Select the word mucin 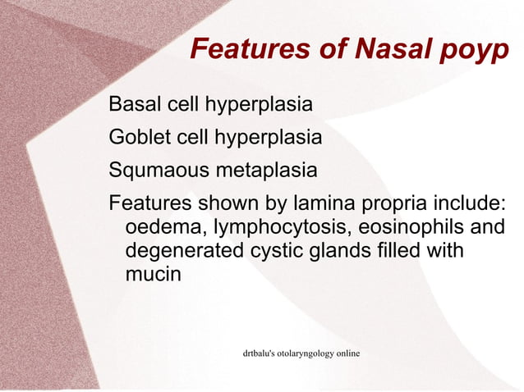point(152,274)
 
